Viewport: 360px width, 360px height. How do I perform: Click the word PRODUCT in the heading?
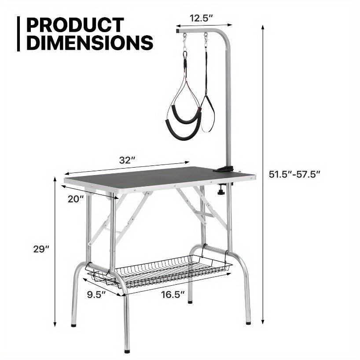(75, 25)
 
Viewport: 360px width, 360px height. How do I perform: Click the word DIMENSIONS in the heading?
(90, 43)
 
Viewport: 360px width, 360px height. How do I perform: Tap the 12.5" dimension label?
(202, 18)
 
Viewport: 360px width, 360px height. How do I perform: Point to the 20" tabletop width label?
(76, 199)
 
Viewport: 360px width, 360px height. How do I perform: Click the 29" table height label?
(41, 249)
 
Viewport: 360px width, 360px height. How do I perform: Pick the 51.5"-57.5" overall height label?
(294, 174)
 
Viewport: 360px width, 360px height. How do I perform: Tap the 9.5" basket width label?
(96, 294)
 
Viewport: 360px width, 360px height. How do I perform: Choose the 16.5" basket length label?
(173, 294)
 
